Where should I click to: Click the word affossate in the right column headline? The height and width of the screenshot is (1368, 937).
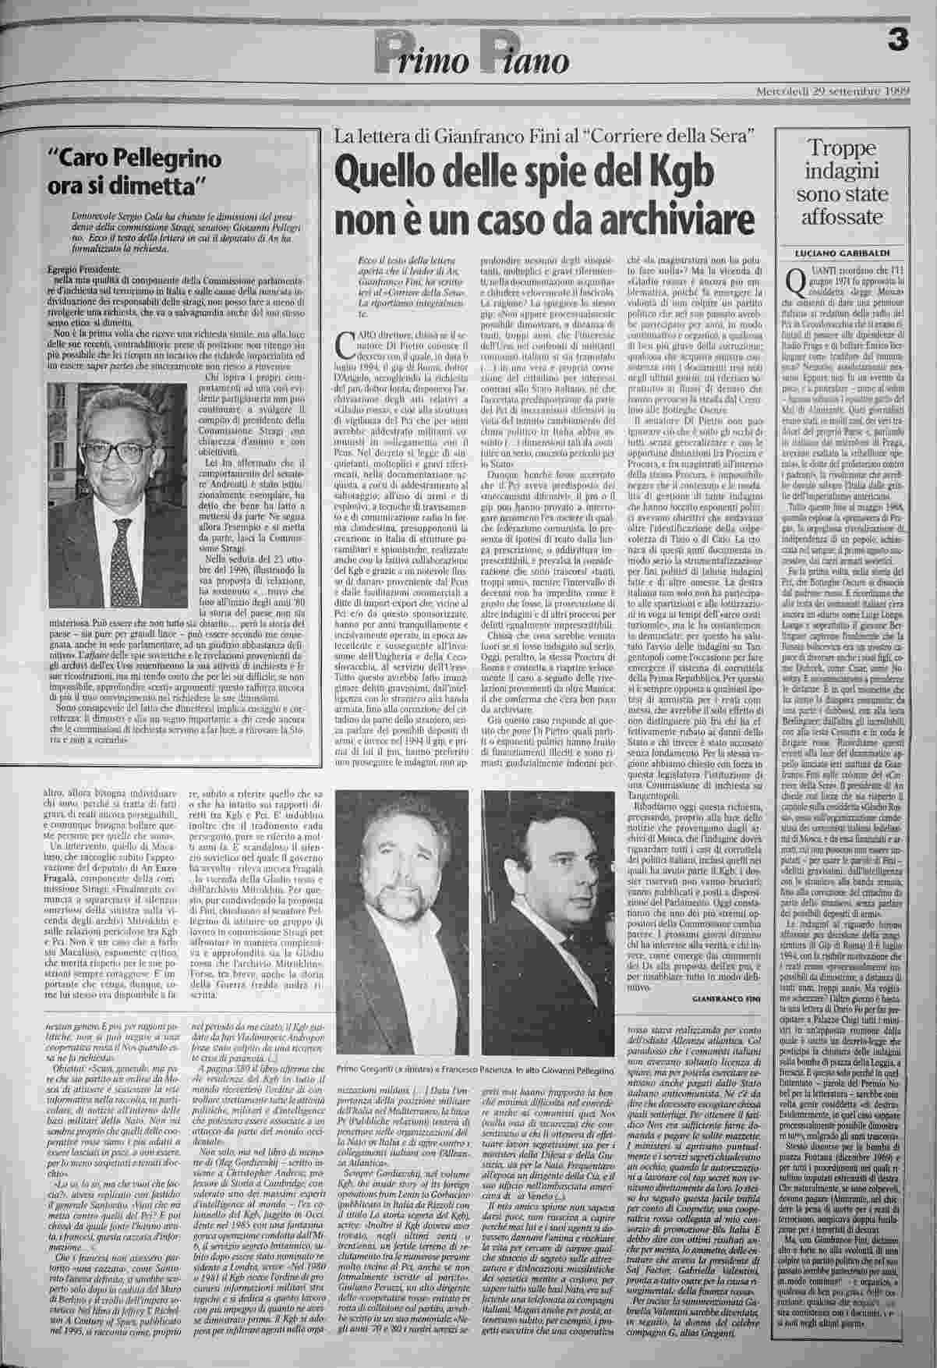tap(845, 219)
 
